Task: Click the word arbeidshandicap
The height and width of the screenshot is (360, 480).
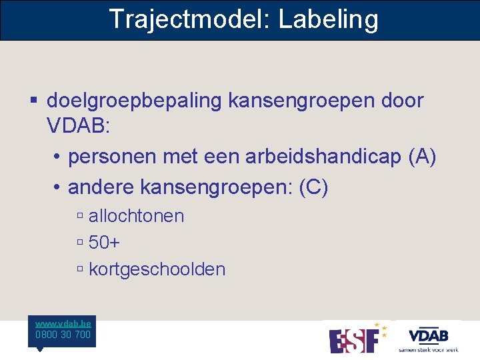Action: click(x=323, y=157)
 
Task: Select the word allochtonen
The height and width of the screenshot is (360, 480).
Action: click(x=136, y=216)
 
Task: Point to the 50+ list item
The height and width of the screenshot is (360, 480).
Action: click(x=104, y=243)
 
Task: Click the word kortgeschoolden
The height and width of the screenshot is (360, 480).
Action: click(x=157, y=269)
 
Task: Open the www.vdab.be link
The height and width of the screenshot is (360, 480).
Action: click(x=64, y=322)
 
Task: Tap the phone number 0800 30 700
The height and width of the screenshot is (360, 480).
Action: click(x=63, y=335)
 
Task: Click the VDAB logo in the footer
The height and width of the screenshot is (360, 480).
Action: click(x=428, y=337)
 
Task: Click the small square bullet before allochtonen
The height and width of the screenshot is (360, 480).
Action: click(x=79, y=216)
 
